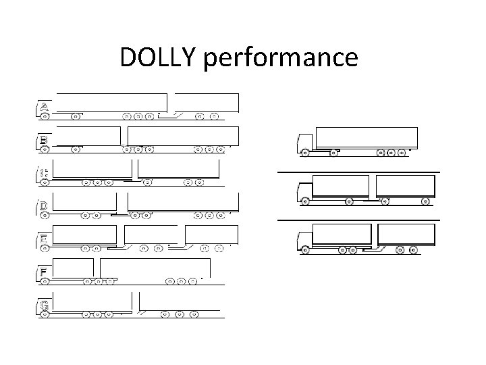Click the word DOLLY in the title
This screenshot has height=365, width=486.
159,58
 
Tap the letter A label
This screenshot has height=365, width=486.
44,107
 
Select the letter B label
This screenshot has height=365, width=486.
43,140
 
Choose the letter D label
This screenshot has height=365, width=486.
43,205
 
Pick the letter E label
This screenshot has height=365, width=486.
43,239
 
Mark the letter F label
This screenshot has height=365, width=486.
43,272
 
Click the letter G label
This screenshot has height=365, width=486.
44,305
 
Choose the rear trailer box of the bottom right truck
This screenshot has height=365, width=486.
406,235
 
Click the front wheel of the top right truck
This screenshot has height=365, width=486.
305,153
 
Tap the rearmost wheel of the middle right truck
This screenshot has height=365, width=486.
425,201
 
